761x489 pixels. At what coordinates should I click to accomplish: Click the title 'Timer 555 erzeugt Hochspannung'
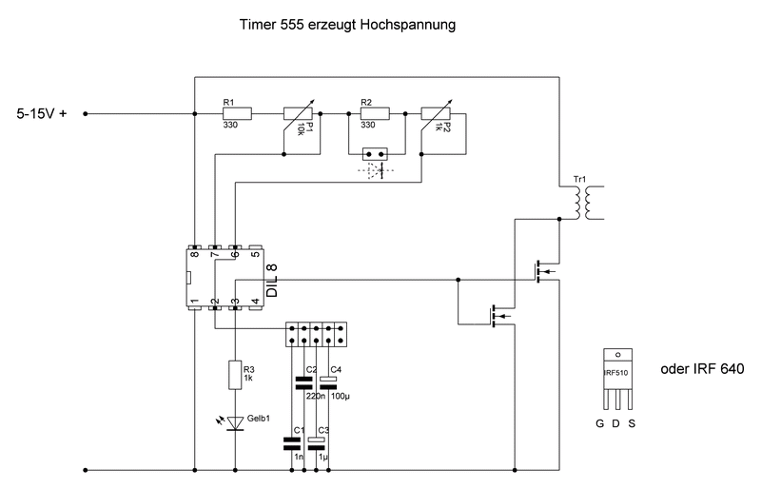pos(347,25)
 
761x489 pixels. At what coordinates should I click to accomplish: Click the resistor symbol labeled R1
pos(237,114)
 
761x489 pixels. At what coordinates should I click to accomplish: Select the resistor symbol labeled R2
pos(375,114)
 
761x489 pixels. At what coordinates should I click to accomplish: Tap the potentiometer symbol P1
pos(299,118)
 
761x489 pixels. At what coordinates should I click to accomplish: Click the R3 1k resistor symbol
pos(235,375)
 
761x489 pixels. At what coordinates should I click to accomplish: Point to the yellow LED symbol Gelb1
pos(235,423)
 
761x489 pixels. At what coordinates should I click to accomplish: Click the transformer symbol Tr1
pos(583,203)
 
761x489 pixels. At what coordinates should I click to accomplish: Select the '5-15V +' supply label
pos(42,114)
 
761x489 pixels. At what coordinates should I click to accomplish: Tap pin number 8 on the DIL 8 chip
pos(195,253)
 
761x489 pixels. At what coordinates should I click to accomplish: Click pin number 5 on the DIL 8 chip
pos(255,253)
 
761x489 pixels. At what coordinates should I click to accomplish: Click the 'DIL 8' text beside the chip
pos(272,281)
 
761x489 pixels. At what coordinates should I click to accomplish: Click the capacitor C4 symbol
pos(328,382)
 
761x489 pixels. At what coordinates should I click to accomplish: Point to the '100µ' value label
pos(341,397)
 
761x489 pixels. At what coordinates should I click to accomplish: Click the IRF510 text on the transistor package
pos(616,373)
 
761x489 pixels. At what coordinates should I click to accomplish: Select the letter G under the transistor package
pos(600,424)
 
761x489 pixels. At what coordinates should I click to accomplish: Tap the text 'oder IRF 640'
pos(702,369)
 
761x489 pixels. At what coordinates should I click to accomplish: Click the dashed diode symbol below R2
pos(376,170)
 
